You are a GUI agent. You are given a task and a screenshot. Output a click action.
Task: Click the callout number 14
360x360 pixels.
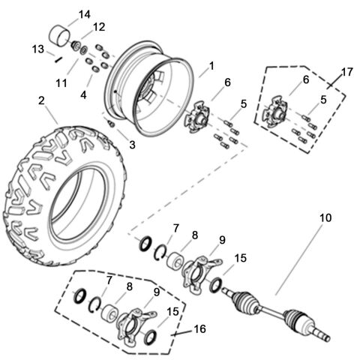[x=84, y=14]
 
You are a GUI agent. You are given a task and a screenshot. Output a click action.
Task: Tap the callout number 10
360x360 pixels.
[x=325, y=218]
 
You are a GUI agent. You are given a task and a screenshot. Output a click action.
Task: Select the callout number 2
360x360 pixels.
[x=41, y=100]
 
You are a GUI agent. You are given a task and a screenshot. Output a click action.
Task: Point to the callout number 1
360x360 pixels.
[x=211, y=66]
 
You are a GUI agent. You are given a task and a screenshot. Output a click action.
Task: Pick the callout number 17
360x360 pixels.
[x=346, y=73]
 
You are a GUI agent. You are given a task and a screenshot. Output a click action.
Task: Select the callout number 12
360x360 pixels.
[x=99, y=28]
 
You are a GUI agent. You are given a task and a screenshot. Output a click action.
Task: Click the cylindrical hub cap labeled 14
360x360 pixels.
[x=59, y=34]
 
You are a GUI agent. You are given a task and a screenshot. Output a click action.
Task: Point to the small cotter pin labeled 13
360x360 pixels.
[x=57, y=55]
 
